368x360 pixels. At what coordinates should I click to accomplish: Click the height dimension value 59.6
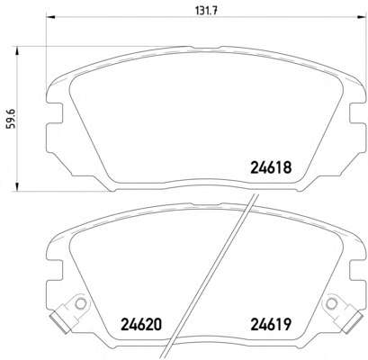12,119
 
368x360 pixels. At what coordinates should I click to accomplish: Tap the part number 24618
271,167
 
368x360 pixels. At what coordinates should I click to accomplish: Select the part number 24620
141,324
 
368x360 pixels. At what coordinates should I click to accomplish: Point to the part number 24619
271,324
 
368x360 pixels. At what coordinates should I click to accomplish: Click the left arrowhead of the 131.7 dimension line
50,17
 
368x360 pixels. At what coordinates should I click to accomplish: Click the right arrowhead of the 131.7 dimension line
363,17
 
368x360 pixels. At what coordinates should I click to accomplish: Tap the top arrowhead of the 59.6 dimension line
17,50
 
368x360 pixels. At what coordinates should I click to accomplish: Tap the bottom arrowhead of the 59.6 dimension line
17,186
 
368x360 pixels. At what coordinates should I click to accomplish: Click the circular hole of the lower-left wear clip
80,304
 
